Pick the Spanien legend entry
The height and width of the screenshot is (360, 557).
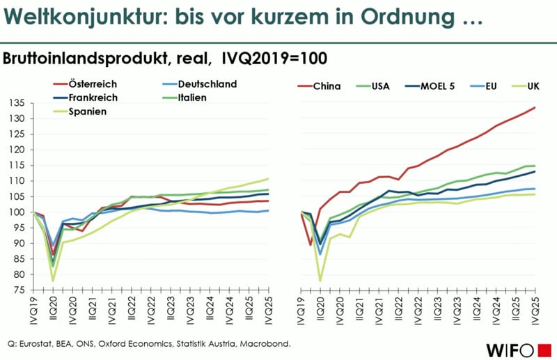tap(88, 111)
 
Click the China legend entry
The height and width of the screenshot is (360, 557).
tap(327, 86)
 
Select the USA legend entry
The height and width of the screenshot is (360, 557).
tap(379, 86)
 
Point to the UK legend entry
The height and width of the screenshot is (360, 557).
tap(533, 86)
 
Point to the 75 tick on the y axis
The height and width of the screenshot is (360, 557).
tap(17, 290)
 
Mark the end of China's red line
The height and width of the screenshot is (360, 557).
tap(535, 107)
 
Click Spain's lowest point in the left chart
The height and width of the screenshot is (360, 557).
tap(53, 281)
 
